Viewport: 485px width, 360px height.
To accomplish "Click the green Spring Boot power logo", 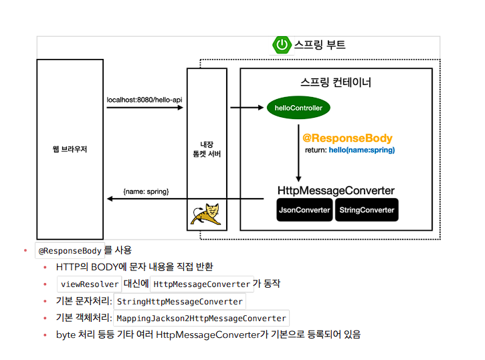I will [x=282, y=46].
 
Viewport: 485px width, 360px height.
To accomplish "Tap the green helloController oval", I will [x=298, y=108].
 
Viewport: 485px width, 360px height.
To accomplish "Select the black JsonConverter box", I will [x=304, y=210].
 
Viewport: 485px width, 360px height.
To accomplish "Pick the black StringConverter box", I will [x=367, y=210].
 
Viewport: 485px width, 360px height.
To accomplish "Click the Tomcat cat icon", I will [x=206, y=213].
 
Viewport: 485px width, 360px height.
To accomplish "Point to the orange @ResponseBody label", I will [x=347, y=139].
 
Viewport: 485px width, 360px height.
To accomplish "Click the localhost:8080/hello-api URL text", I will [x=144, y=100].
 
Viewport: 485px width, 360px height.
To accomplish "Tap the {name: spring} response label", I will [x=146, y=191].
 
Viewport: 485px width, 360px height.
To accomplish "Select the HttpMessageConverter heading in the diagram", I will [x=336, y=191].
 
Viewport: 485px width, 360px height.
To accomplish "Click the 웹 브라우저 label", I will [x=70, y=149].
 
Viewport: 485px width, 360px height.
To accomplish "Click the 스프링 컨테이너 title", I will [x=336, y=83].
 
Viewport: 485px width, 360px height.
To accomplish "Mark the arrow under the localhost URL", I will [x=144, y=108].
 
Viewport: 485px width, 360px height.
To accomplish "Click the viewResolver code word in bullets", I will [x=90, y=284].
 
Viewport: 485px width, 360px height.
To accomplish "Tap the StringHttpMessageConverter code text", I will [x=179, y=301].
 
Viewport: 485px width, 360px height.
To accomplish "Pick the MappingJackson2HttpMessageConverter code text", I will [x=202, y=318].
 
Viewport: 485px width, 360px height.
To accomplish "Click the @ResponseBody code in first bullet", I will [x=70, y=251].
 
